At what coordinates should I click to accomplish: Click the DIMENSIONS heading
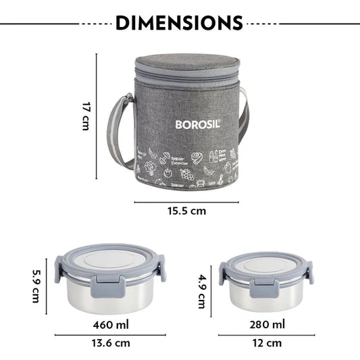pyautogui.click(x=179, y=22)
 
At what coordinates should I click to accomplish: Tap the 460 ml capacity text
pyautogui.click(x=111, y=325)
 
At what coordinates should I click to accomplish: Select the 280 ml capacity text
pyautogui.click(x=268, y=325)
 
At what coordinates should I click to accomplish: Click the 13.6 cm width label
pyautogui.click(x=110, y=344)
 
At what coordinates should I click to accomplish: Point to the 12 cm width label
pyautogui.click(x=267, y=344)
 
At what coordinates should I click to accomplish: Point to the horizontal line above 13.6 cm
pyautogui.click(x=110, y=334)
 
